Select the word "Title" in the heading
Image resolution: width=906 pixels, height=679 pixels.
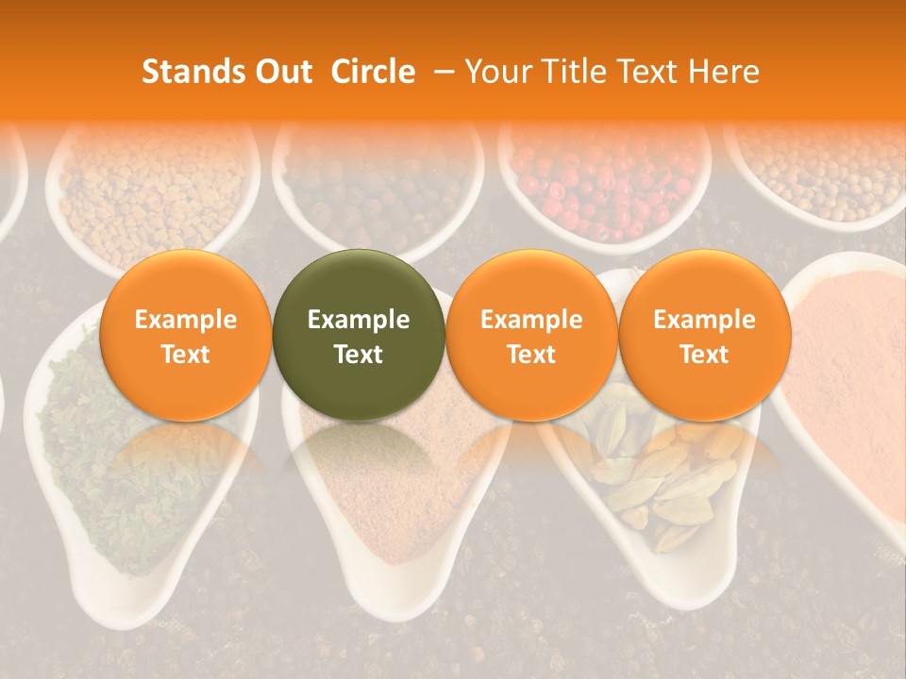(x=578, y=72)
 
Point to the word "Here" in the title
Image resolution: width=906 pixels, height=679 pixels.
(x=724, y=72)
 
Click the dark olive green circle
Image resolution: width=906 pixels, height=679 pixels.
(x=359, y=335)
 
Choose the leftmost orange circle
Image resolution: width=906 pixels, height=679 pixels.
(x=185, y=335)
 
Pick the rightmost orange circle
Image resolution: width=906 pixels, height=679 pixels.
(x=704, y=335)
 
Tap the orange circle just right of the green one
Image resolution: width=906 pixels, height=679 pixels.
(x=531, y=335)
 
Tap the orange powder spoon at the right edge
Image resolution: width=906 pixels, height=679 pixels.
(x=849, y=377)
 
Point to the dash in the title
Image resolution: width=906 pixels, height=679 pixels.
(x=445, y=72)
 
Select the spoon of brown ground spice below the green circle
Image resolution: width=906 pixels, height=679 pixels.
(x=396, y=490)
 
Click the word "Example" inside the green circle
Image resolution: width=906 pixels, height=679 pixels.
(x=359, y=320)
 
